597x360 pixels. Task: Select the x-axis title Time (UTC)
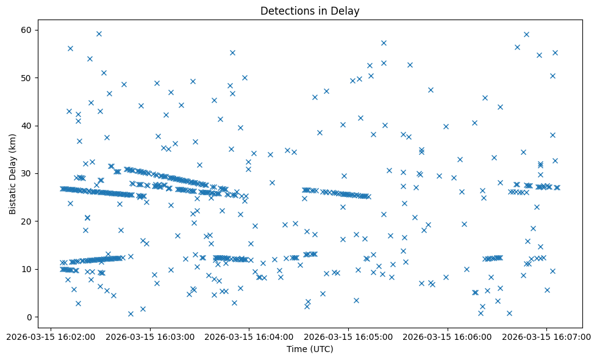pyautogui.click(x=310, y=349)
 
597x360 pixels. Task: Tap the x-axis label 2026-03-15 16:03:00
pyautogui.click(x=150, y=336)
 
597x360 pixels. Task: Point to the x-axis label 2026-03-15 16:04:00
pyautogui.click(x=249, y=336)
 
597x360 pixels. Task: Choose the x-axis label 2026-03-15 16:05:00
pyautogui.click(x=348, y=336)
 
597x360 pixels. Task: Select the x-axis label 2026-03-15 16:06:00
pyautogui.click(x=448, y=336)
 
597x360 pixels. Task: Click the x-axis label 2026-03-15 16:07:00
pyautogui.click(x=546, y=336)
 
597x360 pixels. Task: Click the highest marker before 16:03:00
pyautogui.click(x=99, y=34)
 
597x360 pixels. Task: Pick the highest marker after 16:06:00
pyautogui.click(x=526, y=34)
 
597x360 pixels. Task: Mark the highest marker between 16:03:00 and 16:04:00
pyautogui.click(x=232, y=52)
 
